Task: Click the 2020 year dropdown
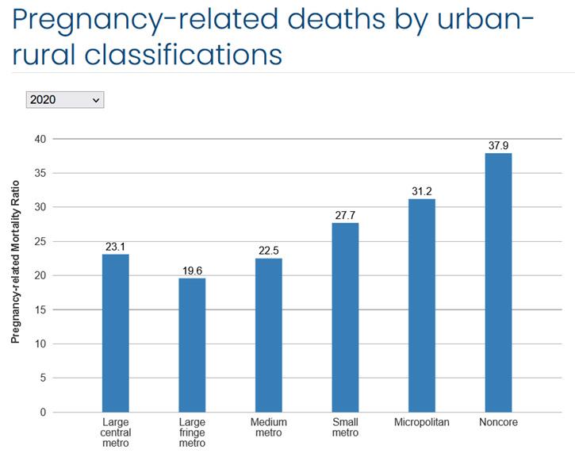(x=65, y=100)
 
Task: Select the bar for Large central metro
(x=116, y=333)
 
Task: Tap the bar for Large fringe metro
(x=193, y=345)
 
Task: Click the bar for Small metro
(x=345, y=317)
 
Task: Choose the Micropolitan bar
(x=422, y=305)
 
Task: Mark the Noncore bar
(x=498, y=282)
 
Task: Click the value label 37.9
(x=498, y=145)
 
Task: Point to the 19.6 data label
(x=193, y=271)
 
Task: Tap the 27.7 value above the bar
(x=345, y=215)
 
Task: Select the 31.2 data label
(x=422, y=191)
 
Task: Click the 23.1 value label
(x=116, y=247)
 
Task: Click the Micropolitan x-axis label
(x=422, y=422)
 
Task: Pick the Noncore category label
(x=498, y=422)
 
